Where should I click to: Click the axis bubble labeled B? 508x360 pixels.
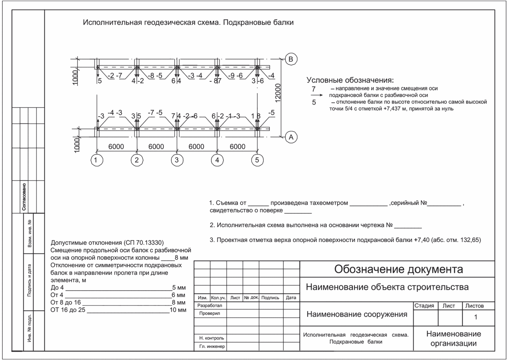coord(291,59)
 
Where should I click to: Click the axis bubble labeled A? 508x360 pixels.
coord(291,137)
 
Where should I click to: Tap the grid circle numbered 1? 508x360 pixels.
coord(96,160)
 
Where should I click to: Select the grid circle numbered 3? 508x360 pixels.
coord(177,160)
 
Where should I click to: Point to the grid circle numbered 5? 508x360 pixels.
coord(257,160)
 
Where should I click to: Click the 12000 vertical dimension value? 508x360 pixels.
coord(278,93)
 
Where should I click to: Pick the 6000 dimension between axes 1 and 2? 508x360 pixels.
coord(116,147)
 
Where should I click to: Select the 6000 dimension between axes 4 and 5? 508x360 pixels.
coord(237,147)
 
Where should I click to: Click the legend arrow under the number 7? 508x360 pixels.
coord(316,95)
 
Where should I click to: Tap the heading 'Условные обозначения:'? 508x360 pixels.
coord(350,80)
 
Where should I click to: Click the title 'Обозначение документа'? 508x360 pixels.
coord(398,269)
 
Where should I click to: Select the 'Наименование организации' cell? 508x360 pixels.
coord(453,338)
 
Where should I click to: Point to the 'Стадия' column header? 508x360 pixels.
coord(424,306)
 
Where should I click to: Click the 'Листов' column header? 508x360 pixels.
coord(474,306)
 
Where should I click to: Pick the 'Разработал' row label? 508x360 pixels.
coord(210,305)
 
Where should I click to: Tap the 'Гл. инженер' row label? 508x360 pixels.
coord(212,346)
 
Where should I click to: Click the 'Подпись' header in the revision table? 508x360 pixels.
coord(270,298)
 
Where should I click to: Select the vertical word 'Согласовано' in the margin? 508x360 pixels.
coord(24,197)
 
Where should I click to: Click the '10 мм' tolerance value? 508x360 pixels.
coord(178,310)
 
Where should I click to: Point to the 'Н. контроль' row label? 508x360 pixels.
coord(212,338)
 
